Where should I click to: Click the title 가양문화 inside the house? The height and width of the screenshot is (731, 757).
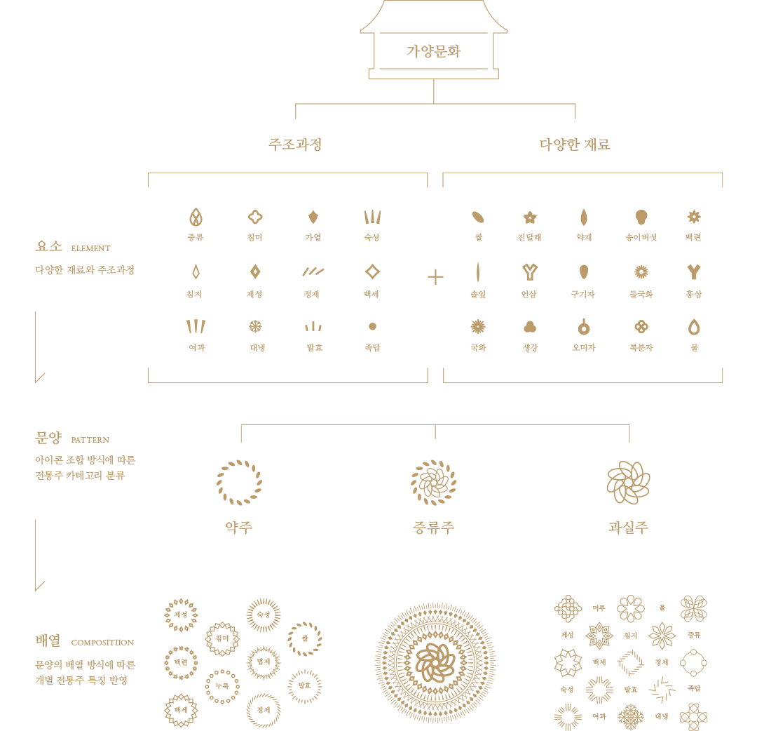coord(433,51)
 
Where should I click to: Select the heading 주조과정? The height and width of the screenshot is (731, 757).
coord(295,145)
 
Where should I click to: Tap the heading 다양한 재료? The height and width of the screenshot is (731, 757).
coord(575,145)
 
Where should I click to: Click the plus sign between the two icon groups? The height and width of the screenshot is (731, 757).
coord(435,277)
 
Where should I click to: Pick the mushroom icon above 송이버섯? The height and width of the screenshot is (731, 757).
coord(641,217)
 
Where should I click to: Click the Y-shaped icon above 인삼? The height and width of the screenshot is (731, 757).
coord(529,271)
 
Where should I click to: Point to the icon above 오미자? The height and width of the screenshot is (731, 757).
coord(582,326)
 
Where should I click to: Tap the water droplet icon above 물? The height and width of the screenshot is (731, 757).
coord(694,326)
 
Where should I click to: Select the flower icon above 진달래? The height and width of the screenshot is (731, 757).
coord(529,217)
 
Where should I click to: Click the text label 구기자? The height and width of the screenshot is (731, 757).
coord(582,295)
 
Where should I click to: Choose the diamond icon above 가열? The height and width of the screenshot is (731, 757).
coord(313,217)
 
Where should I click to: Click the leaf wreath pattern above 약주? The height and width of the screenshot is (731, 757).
coord(239,483)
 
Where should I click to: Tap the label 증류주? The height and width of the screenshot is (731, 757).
coord(433,528)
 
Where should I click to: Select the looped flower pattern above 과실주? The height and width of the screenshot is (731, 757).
coord(628,483)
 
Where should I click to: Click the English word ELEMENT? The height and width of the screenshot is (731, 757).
coord(90,248)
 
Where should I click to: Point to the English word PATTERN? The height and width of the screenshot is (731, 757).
coord(90,440)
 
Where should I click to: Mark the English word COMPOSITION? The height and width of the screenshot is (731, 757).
coord(102,643)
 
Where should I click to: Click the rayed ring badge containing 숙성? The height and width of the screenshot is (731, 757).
coord(264,615)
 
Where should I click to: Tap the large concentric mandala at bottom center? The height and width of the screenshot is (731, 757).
coord(435,664)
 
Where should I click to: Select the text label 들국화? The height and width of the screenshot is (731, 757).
coord(641,295)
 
